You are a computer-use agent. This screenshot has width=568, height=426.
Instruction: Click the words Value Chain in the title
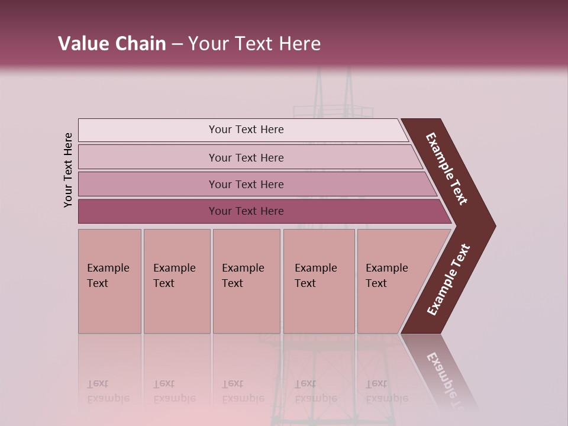112,44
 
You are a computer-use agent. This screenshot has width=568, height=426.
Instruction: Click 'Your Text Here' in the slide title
254,44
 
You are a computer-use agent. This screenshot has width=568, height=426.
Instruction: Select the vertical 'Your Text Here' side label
69,170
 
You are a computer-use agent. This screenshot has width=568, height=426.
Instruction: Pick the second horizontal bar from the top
246,157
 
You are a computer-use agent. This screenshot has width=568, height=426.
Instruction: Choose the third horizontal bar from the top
246,184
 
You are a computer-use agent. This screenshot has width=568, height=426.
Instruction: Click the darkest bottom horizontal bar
246,211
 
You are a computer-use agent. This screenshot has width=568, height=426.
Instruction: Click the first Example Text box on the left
109,281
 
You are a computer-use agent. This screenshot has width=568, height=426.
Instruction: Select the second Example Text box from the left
177,281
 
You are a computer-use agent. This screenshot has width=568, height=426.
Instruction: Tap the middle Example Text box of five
246,281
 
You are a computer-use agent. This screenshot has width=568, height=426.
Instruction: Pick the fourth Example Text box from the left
319,281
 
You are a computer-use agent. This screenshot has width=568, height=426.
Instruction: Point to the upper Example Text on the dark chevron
447,169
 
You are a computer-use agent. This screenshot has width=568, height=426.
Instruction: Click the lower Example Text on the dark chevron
448,279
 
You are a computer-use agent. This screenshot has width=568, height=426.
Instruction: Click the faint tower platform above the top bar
334,111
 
